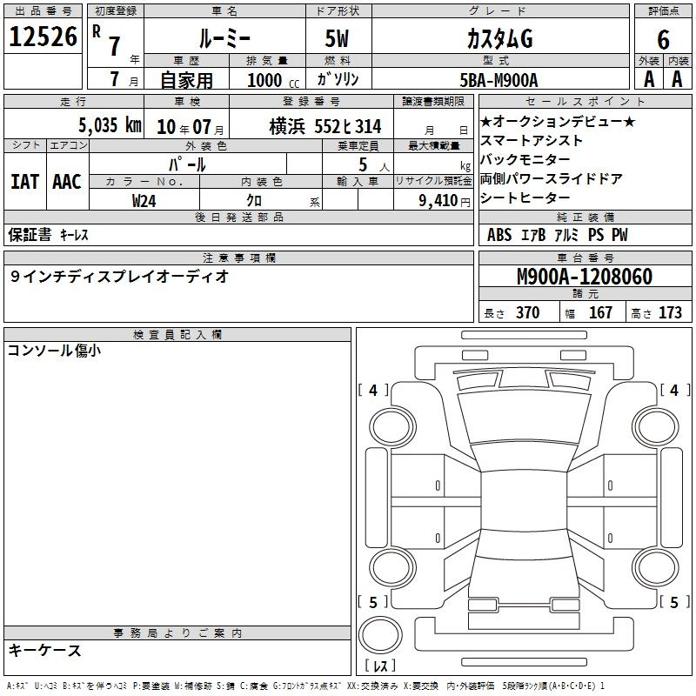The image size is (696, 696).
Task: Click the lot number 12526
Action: (43, 37)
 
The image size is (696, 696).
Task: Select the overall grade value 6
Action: (663, 40)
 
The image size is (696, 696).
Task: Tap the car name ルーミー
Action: (224, 39)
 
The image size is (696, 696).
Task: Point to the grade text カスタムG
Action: (499, 39)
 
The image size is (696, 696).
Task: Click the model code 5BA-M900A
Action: (499, 80)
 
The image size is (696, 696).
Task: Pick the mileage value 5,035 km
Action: (110, 125)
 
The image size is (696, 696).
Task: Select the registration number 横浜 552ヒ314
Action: (325, 127)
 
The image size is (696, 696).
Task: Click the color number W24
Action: (144, 201)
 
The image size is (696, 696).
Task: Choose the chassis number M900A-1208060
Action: (585, 277)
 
